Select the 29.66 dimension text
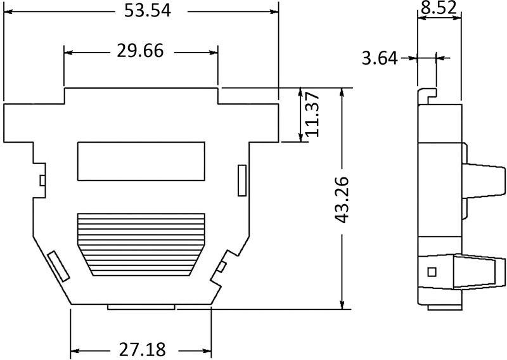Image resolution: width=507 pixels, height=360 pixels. [x=140, y=51]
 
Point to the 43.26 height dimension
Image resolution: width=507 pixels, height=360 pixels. [x=343, y=198]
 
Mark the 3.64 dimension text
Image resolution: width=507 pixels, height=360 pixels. [x=379, y=59]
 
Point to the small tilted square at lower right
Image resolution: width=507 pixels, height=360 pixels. [x=222, y=266]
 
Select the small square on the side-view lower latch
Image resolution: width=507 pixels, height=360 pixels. [x=432, y=272]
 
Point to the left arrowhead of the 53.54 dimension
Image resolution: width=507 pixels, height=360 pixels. [x=8, y=11]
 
